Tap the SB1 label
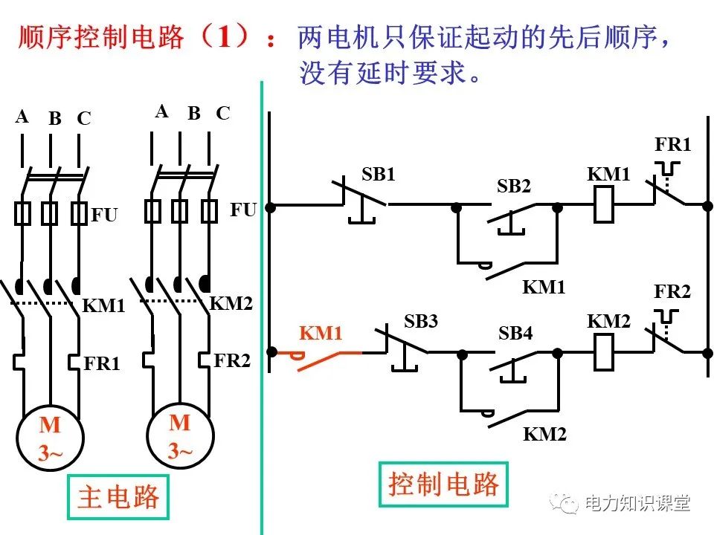tap(379, 175)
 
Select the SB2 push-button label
tap(514, 187)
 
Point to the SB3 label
tap(421, 321)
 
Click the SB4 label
tap(515, 334)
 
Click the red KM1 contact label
tap(321, 334)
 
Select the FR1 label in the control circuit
tap(672, 144)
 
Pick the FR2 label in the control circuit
tap(672, 291)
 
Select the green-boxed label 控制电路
tap(443, 484)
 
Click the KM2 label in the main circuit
tap(231, 303)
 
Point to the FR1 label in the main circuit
tap(102, 363)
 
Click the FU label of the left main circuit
tap(105, 215)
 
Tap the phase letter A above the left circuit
tap(22, 117)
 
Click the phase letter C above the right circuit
tap(223, 113)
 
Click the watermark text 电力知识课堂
tap(637, 503)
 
